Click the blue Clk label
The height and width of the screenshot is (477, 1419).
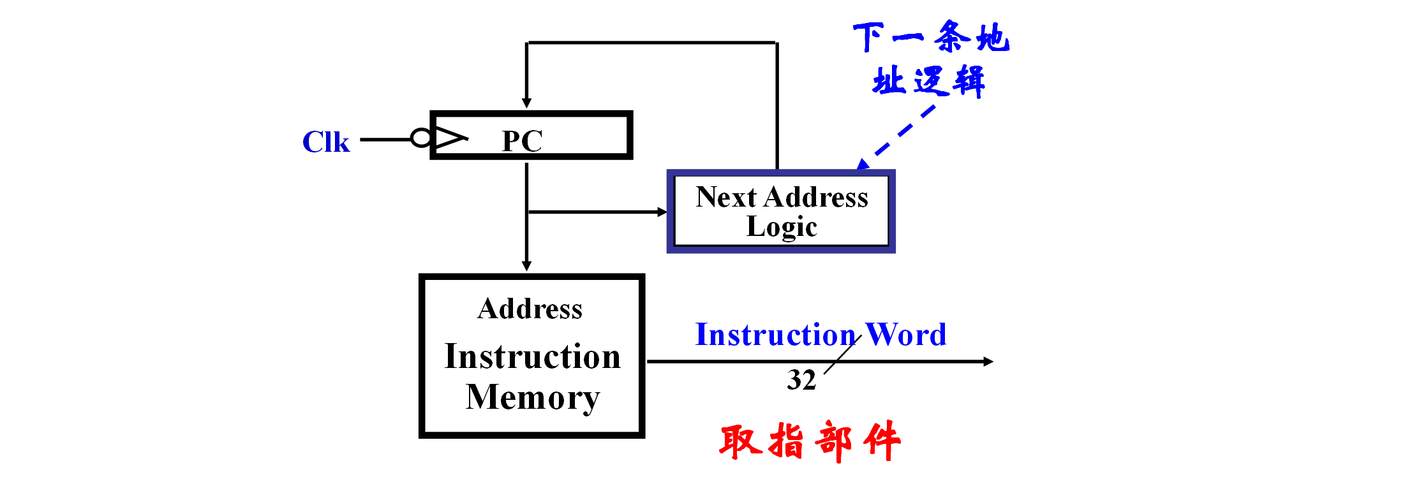(x=325, y=142)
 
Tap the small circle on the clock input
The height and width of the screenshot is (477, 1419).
(x=420, y=138)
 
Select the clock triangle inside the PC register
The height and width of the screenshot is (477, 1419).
(x=450, y=138)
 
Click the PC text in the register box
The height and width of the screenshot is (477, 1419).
(x=522, y=141)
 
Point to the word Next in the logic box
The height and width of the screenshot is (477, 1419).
(x=725, y=197)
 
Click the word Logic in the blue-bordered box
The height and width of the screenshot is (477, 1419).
(x=782, y=227)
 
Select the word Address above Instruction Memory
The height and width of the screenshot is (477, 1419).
(x=530, y=309)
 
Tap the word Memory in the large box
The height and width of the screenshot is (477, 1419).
(x=533, y=397)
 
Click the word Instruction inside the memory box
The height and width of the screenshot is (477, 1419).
(x=533, y=356)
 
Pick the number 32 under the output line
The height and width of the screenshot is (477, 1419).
(x=801, y=380)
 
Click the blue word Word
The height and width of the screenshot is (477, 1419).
(x=905, y=335)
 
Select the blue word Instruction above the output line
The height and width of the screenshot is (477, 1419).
(x=775, y=335)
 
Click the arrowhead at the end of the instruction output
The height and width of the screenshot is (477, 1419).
(x=988, y=362)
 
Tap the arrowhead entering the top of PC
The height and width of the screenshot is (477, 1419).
(x=526, y=103)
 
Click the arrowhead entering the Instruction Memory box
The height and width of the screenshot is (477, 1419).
(x=526, y=266)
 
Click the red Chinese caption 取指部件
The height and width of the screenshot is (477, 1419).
(x=810, y=441)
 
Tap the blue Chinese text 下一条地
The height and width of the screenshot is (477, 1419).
(x=931, y=37)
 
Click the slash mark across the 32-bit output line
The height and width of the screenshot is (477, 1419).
(x=842, y=355)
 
